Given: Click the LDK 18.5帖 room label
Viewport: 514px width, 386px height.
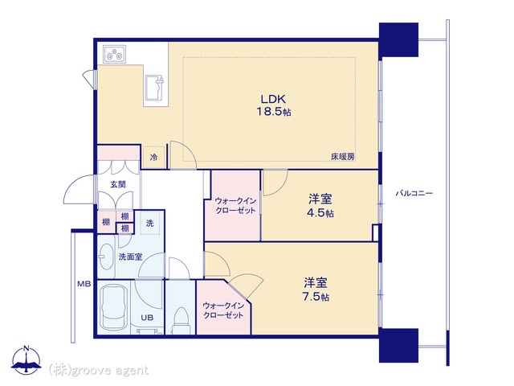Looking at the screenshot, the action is (x=273, y=105).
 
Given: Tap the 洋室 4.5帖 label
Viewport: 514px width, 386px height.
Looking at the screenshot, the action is (x=320, y=206).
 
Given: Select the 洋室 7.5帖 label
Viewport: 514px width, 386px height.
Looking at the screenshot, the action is (x=316, y=289).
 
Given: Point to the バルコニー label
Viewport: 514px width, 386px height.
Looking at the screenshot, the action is (x=414, y=193).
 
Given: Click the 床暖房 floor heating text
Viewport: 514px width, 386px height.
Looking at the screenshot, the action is (x=343, y=157).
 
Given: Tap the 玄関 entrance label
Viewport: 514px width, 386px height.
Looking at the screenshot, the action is (x=118, y=184).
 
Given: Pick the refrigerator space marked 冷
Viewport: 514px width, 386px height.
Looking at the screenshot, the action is (x=153, y=157).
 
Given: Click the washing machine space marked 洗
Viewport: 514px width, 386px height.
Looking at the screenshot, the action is (x=150, y=224).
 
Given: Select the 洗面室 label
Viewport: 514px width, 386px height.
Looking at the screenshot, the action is (x=130, y=257).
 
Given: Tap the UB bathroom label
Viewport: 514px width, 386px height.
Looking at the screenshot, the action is (x=147, y=318).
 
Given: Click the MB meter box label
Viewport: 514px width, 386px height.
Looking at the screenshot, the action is (x=84, y=284).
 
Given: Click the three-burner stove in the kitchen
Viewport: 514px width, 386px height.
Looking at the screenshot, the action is (x=114, y=54).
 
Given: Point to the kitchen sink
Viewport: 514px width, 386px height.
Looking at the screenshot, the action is (x=154, y=88).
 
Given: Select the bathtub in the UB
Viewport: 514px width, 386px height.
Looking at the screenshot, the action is (x=113, y=307).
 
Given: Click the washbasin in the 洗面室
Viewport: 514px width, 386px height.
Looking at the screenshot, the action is (x=105, y=257).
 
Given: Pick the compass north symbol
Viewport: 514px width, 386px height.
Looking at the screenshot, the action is (x=27, y=359).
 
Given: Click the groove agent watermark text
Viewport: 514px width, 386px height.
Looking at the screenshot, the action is (x=99, y=370).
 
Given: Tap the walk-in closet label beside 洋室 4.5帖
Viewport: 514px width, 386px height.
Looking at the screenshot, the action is (x=235, y=206).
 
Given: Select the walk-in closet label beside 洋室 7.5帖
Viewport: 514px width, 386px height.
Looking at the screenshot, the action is (x=223, y=310).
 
